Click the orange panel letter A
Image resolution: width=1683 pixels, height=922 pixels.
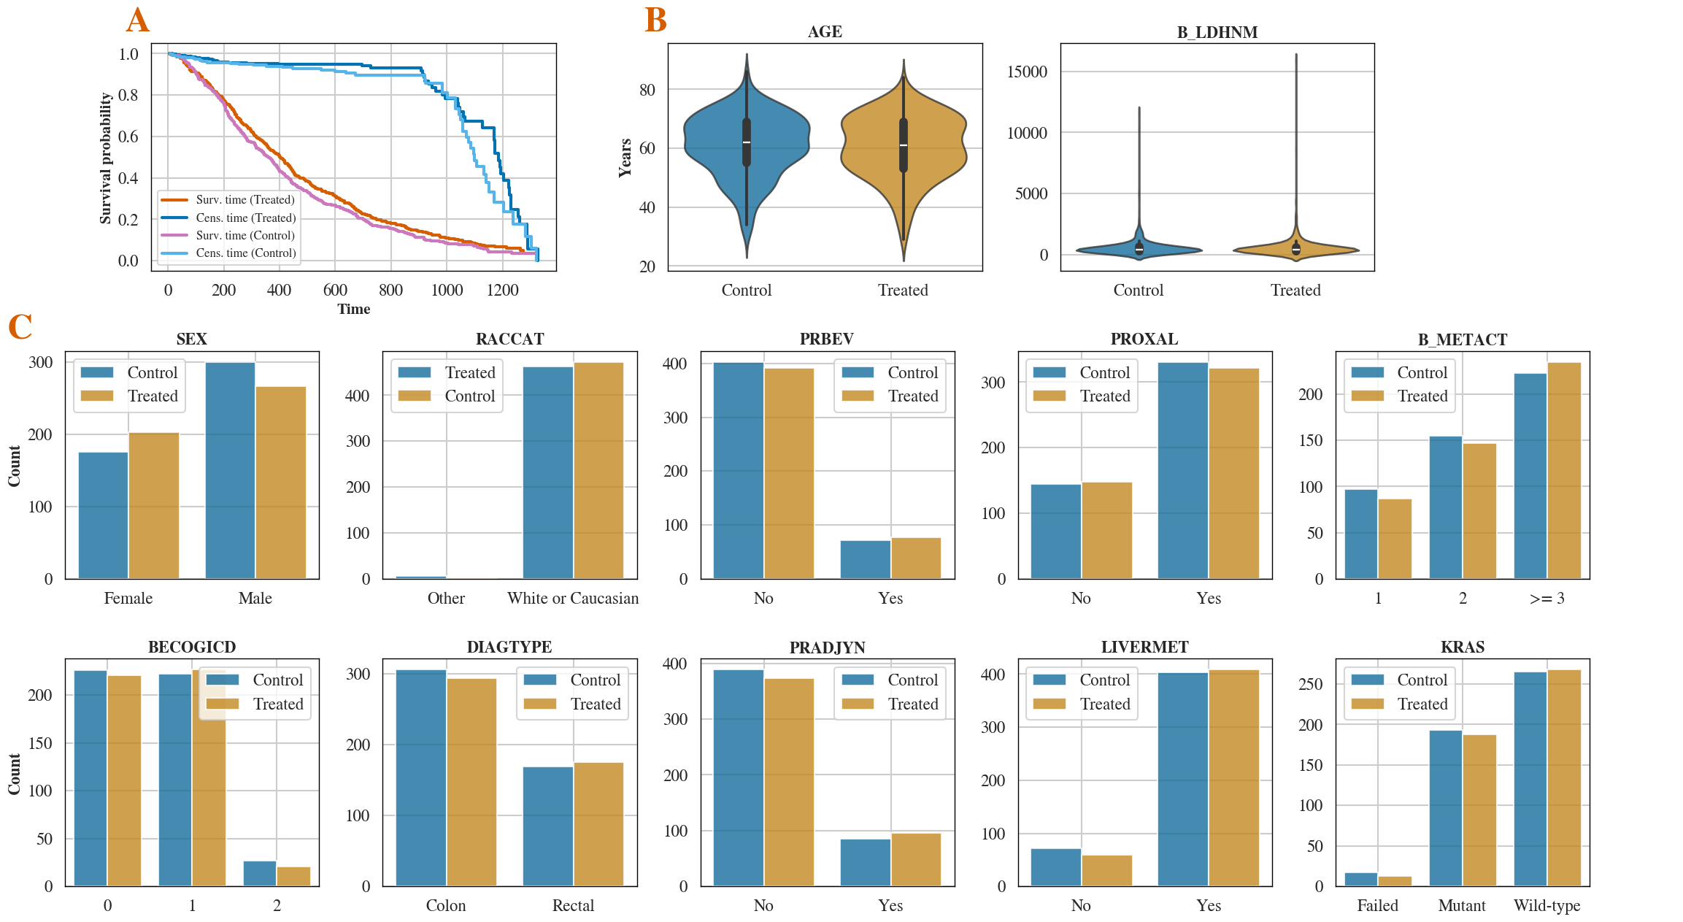coord(137,20)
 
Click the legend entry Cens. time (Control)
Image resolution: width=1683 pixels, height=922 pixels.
coord(245,253)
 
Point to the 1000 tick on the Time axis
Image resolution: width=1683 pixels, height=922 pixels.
coord(447,291)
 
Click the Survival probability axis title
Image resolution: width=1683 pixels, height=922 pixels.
coord(106,158)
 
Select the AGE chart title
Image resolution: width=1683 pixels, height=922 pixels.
coord(825,32)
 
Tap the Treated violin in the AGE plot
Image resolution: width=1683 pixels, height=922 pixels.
coord(904,146)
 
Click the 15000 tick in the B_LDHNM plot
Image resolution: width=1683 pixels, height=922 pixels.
coord(1027,72)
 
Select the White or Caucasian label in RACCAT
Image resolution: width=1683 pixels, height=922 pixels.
coord(573,599)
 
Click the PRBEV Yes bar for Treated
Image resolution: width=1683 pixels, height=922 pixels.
coord(916,558)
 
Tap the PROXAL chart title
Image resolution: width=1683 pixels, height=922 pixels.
coord(1144,339)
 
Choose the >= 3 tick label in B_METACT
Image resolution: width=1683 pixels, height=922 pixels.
coord(1547,599)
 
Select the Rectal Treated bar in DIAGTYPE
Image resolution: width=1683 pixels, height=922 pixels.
coord(598,824)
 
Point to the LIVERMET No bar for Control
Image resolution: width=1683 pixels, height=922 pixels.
coord(1055,867)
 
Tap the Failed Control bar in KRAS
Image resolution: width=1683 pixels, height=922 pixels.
coord(1360,880)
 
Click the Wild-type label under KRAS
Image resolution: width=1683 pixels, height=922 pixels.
coord(1547,906)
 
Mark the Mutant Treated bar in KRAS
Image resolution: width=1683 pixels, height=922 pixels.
coord(1479,810)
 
